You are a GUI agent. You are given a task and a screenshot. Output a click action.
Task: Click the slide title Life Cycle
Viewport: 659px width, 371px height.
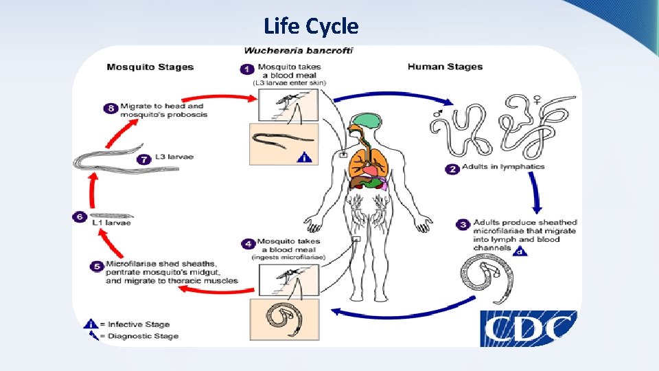tap(311, 27)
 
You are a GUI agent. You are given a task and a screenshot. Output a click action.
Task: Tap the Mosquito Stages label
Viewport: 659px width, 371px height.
tap(150, 67)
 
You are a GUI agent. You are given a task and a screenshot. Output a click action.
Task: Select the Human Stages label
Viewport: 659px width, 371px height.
tap(445, 67)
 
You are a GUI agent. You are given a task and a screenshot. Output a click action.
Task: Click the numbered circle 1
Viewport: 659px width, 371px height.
tap(246, 69)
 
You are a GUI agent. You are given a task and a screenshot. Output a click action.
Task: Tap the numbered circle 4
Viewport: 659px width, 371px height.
tap(247, 244)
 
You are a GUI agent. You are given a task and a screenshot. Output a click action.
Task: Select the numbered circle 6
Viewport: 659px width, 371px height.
tap(80, 217)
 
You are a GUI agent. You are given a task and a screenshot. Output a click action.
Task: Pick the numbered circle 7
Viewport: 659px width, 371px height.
tap(143, 159)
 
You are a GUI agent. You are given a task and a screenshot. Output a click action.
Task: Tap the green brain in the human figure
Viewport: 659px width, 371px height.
tap(365, 121)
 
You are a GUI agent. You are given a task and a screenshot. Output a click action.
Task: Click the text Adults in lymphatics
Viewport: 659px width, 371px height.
tap(503, 167)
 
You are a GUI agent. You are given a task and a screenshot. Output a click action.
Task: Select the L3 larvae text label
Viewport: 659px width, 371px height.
tap(174, 157)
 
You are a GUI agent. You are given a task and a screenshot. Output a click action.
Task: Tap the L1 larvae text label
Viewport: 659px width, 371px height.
tap(111, 223)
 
